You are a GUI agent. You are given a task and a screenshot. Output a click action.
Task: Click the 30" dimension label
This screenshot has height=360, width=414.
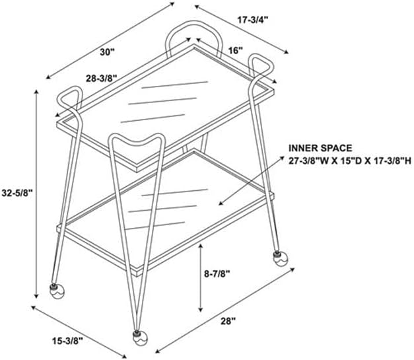point(107,52)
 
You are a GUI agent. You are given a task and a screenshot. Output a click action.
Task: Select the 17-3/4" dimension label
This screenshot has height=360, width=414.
point(253,20)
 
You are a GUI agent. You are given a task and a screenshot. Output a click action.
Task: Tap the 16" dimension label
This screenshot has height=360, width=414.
point(235,50)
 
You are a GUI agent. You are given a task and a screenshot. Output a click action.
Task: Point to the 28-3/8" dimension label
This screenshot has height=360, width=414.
point(101,78)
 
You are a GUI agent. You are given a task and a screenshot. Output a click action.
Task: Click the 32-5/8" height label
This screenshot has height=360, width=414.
point(17,193)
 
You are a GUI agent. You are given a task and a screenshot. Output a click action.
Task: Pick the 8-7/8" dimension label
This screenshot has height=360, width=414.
point(217,274)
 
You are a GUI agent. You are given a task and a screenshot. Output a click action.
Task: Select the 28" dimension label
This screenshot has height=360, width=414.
point(228,321)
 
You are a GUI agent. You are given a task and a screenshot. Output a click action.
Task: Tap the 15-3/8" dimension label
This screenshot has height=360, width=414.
point(67,341)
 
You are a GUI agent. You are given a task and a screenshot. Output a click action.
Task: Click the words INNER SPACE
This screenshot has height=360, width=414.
point(320,148)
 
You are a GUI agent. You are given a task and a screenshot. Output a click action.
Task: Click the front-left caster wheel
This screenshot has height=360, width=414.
point(57,291)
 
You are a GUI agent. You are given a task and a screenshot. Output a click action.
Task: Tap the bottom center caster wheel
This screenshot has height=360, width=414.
point(140,338)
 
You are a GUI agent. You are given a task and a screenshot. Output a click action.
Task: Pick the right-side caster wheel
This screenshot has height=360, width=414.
point(280,258)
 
